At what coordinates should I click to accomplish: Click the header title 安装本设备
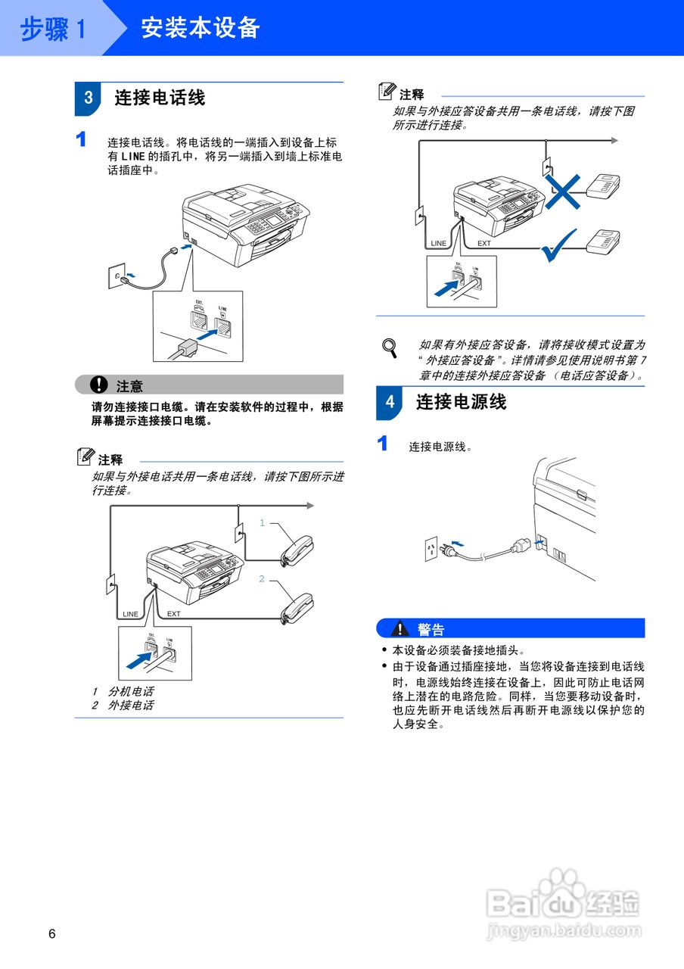point(201,28)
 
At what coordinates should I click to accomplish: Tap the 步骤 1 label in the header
point(53,29)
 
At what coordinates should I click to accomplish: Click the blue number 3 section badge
point(88,98)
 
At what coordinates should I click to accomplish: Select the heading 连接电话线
point(160,98)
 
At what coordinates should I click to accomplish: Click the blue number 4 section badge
point(390,402)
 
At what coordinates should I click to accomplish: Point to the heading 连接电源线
point(461,402)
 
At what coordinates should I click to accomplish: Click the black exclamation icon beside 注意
point(99,385)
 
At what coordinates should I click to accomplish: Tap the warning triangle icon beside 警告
point(399,628)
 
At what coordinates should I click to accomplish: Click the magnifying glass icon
point(390,347)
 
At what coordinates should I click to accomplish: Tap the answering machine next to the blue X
point(605,185)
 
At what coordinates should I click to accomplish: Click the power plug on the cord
point(521,545)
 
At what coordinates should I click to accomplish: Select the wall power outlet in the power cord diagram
point(432,549)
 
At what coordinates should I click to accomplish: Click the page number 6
point(52,933)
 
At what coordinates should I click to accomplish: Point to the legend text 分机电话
point(130,691)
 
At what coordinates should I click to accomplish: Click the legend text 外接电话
point(130,705)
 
